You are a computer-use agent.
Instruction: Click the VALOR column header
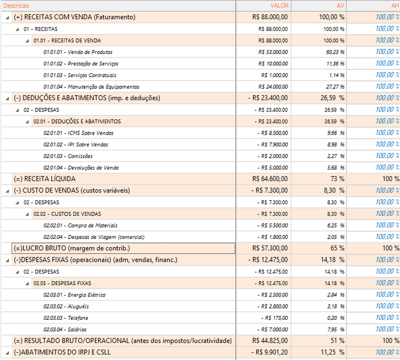[x=280, y=5]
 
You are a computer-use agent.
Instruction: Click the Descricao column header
[x=16, y=5]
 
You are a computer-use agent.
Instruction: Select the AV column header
[x=341, y=5]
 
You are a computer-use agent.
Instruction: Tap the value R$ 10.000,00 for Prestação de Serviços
[x=273, y=64]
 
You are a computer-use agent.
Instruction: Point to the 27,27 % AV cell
[x=335, y=87]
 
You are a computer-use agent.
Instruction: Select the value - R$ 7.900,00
[x=273, y=145]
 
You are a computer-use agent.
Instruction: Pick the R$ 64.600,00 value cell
[x=270, y=179]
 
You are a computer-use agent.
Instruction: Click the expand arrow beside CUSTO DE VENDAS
[x=7, y=191]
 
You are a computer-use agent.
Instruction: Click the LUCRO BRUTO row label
[x=72, y=248]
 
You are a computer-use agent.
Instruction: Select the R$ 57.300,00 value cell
[x=270, y=248]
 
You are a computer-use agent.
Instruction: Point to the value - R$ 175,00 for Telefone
[x=274, y=318]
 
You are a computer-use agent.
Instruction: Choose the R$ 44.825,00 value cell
[x=270, y=341]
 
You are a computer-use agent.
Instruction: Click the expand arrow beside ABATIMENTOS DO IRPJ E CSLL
[x=7, y=353]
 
